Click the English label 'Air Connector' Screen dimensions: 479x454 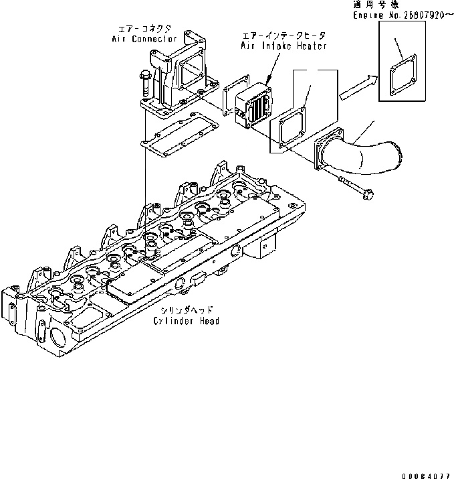(x=144, y=39)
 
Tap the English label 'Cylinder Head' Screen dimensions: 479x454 (x=185, y=321)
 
